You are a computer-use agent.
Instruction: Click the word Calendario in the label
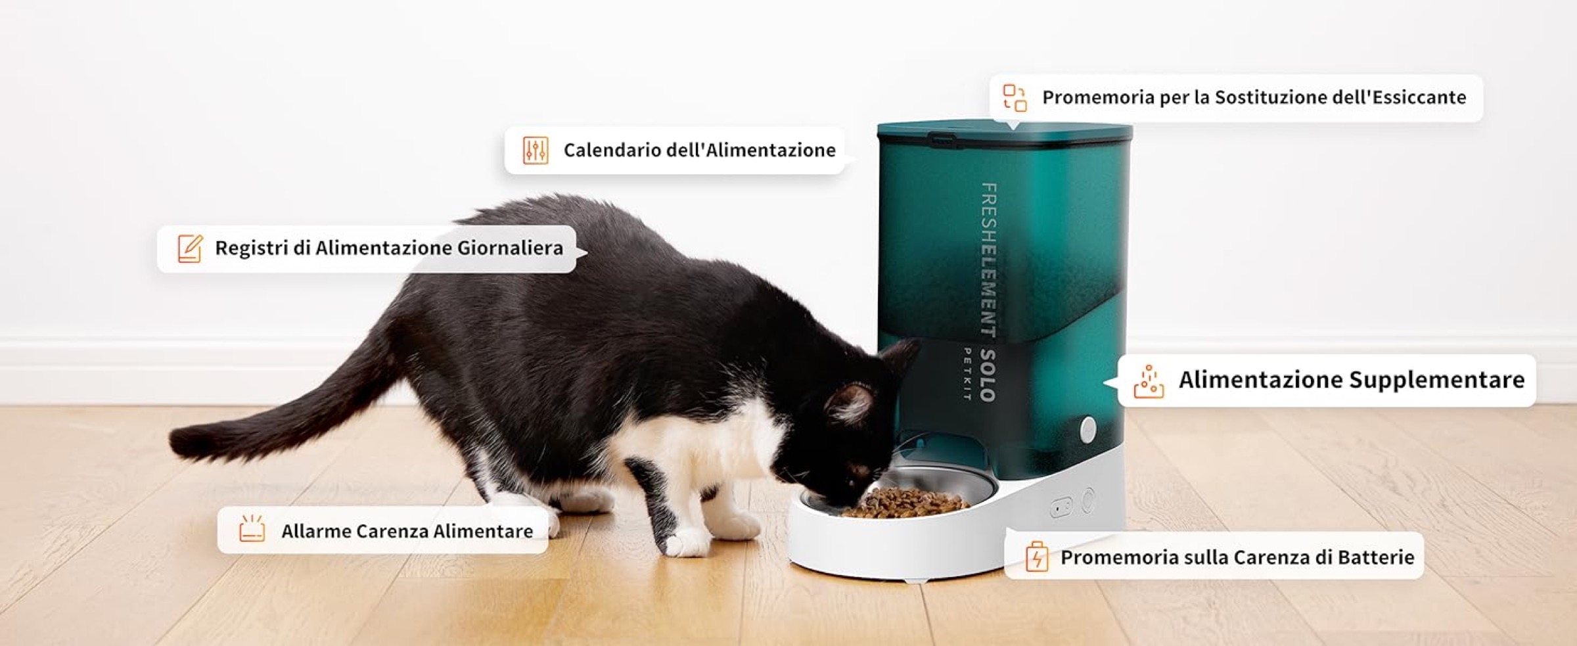point(612,150)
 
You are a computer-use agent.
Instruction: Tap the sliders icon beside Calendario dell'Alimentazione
point(536,150)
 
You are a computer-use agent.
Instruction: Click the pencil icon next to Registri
point(191,248)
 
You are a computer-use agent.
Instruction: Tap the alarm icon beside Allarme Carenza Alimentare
point(252,528)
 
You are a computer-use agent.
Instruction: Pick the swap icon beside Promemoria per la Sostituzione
point(1015,98)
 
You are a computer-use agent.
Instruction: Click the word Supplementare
point(1437,380)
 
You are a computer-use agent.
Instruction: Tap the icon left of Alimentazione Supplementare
point(1149,381)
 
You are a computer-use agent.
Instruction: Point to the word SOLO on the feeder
point(988,375)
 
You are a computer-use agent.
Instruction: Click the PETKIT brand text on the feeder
point(967,374)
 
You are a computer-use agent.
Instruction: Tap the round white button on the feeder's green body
point(1088,429)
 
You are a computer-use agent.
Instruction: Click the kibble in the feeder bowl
point(907,502)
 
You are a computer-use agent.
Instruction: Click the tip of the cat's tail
point(176,441)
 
